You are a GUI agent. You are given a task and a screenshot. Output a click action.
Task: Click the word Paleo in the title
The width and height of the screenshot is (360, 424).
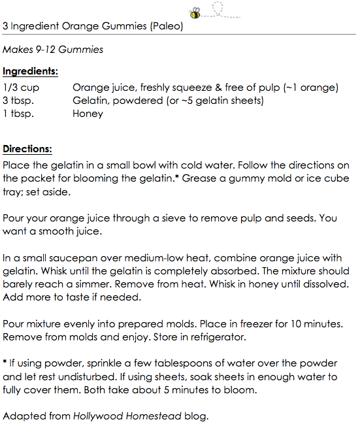click(166, 27)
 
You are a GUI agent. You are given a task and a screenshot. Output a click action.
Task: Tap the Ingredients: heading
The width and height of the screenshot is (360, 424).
click(30, 71)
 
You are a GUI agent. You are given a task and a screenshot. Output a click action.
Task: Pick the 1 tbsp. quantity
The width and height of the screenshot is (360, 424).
click(18, 114)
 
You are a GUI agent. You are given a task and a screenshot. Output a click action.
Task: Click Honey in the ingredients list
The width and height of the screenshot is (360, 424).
click(88, 114)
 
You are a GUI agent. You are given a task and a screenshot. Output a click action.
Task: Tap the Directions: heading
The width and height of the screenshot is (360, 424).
click(27, 149)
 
